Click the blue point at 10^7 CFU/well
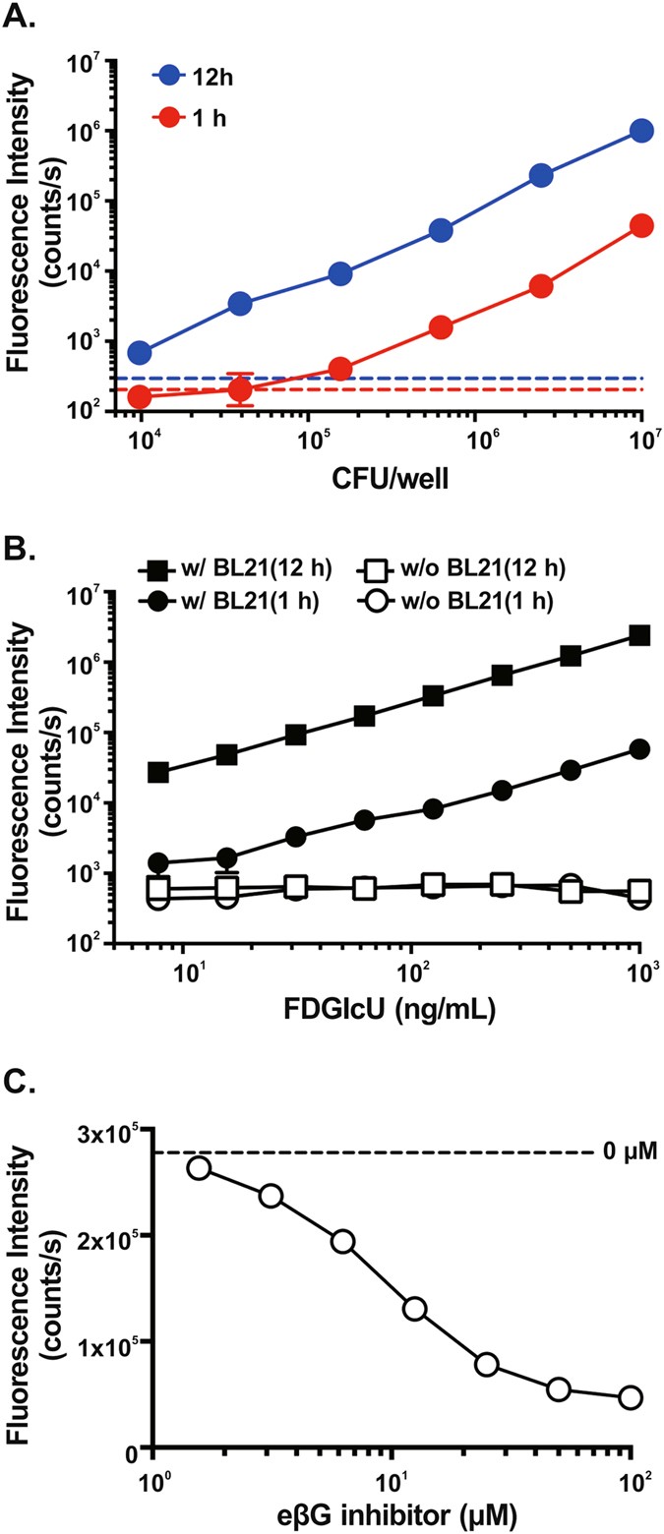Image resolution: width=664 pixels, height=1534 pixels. [x=641, y=131]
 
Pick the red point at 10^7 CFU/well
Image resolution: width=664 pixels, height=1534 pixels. [x=641, y=226]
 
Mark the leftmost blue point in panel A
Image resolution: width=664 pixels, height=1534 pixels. [x=140, y=352]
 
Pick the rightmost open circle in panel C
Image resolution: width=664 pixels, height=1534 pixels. [x=630, y=1398]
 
